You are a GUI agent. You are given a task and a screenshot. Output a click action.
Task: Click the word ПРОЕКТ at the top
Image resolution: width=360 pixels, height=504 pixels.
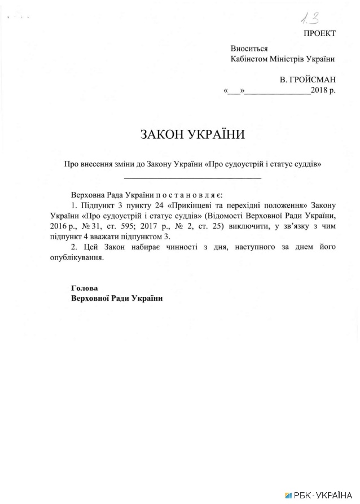click(319, 33)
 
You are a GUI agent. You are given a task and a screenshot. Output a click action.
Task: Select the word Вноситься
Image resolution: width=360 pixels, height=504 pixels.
click(249, 49)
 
